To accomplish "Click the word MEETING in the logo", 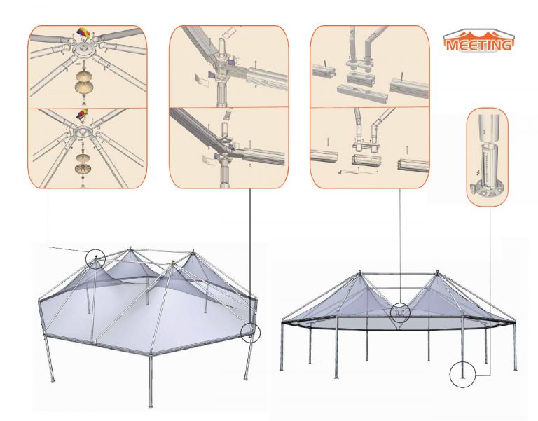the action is tap(479, 45).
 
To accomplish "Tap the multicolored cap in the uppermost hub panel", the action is tap(84, 34).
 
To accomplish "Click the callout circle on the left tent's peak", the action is tap(95, 258).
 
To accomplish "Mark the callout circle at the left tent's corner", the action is tap(251, 333).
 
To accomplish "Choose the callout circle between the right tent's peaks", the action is tap(400, 312).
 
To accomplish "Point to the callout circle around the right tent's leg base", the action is tap(462, 374).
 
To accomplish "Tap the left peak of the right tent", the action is tap(360, 272).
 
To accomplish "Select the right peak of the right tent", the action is tap(437, 272).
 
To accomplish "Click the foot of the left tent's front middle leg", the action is tap(150, 406).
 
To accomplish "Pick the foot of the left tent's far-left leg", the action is tap(53, 380).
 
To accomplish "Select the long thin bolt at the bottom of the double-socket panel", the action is tap(356, 172).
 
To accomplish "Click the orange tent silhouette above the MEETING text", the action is tap(479, 36).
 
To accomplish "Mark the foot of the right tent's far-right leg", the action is tap(515, 369).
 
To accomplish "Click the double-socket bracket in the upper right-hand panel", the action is tap(361, 64).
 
